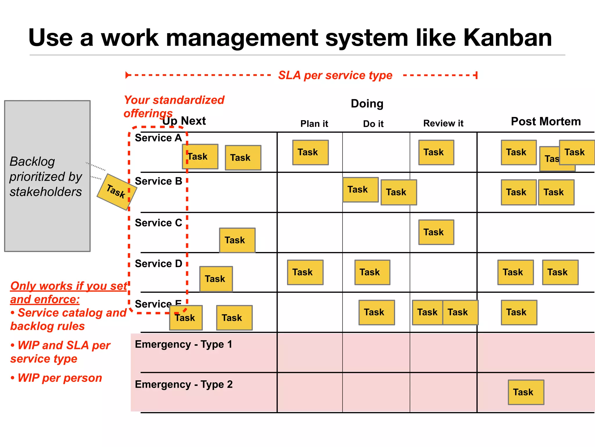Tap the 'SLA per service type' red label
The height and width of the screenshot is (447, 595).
tap(335, 75)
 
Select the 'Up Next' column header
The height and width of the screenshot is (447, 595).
tap(184, 121)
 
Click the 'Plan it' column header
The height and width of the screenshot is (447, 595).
tap(314, 124)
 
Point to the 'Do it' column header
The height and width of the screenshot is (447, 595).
tap(373, 124)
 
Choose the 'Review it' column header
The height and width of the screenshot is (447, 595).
tap(443, 123)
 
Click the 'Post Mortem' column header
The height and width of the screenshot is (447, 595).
tap(546, 122)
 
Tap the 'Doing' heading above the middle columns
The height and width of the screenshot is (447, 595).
tap(367, 104)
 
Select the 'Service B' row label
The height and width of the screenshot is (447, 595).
tap(158, 181)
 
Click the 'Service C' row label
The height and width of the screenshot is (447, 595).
tap(158, 223)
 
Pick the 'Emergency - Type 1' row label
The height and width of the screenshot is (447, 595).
tap(184, 345)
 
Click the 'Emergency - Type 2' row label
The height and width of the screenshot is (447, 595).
tap(184, 385)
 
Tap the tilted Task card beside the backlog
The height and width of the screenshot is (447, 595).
tap(117, 192)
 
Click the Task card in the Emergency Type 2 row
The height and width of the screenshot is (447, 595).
tap(526, 392)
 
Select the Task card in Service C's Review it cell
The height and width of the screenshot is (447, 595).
tap(436, 232)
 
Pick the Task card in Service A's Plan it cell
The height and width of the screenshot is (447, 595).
tap(310, 152)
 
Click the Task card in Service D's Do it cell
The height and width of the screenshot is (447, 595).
tap(372, 272)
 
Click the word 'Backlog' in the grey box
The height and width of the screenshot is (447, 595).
tap(32, 162)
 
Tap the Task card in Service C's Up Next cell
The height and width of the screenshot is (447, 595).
tap(237, 240)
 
